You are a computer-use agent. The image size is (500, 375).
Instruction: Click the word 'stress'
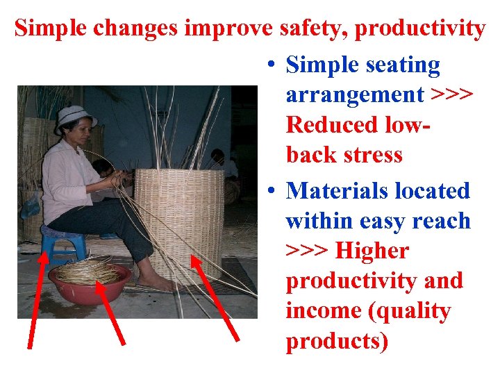pos(369,154)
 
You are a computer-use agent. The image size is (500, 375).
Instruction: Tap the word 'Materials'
pos(334,190)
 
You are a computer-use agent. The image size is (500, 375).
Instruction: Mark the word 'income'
pos(322,311)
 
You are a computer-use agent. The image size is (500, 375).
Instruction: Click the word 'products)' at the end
pos(337,341)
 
